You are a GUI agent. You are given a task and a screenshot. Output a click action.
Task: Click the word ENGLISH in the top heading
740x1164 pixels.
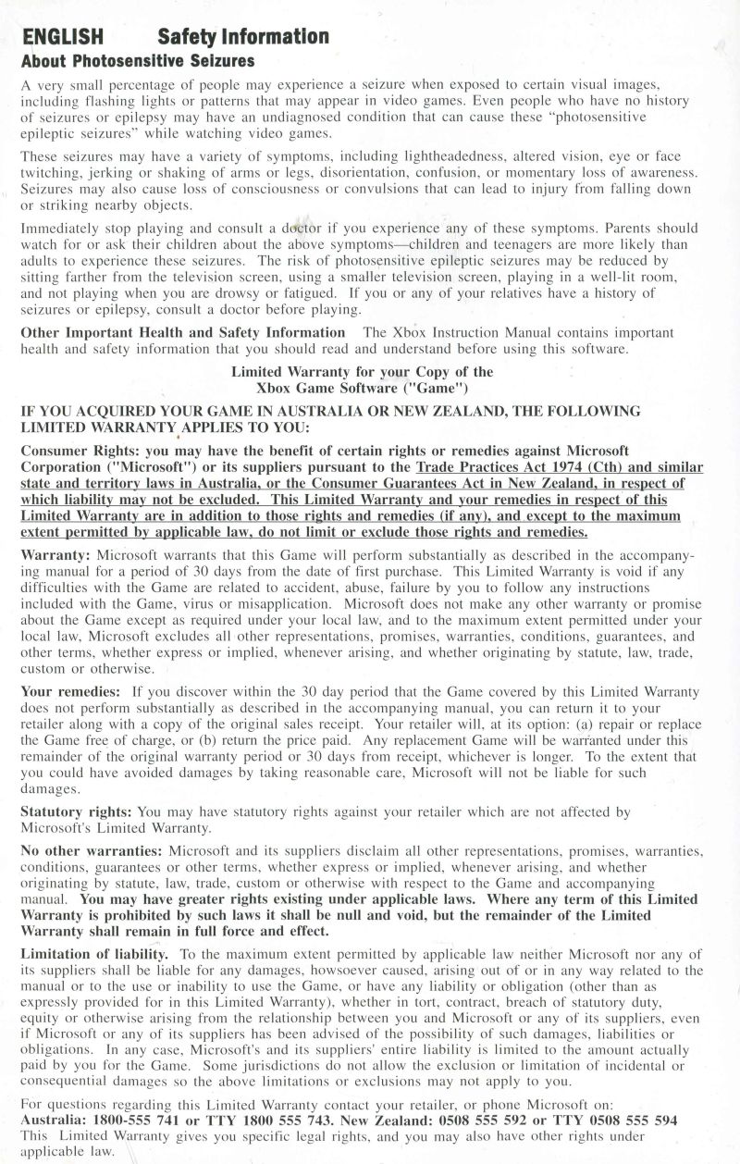tap(62, 37)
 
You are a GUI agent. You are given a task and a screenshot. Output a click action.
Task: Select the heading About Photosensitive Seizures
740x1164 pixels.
tap(138, 61)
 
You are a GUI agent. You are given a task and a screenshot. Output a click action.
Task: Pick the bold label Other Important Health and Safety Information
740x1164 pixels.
tap(183, 332)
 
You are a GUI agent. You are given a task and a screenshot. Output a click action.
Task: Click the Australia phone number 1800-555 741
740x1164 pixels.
tap(147, 1120)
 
